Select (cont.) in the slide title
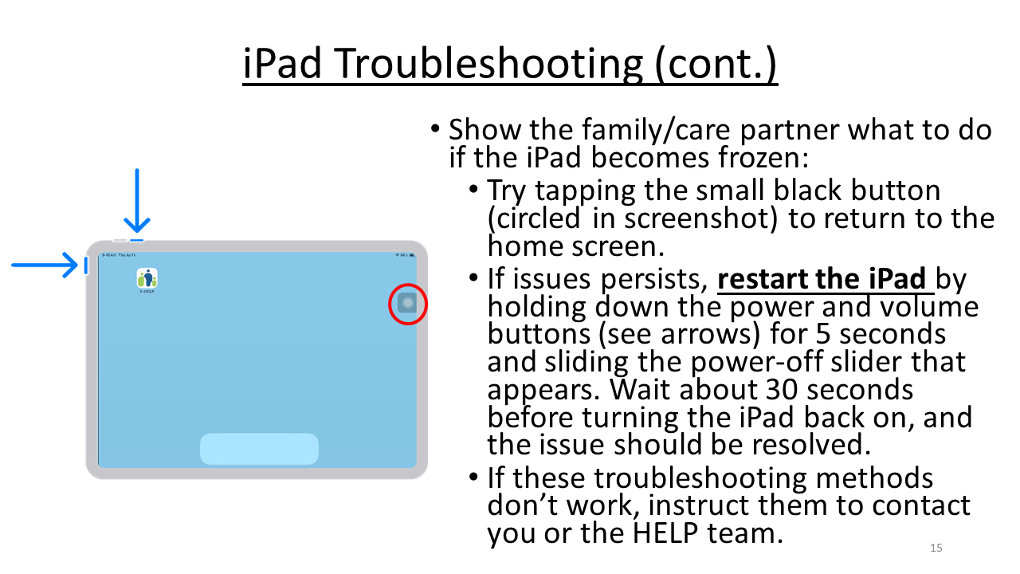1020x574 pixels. pyautogui.click(x=715, y=65)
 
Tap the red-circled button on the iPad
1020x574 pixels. pyautogui.click(x=407, y=304)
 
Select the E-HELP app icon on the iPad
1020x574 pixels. pyautogui.click(x=147, y=278)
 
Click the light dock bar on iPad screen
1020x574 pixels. pyautogui.click(x=259, y=449)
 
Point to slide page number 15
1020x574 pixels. pyautogui.click(x=936, y=548)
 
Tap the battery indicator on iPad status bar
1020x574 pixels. pyautogui.click(x=411, y=255)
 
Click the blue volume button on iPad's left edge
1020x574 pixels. pyautogui.click(x=86, y=265)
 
